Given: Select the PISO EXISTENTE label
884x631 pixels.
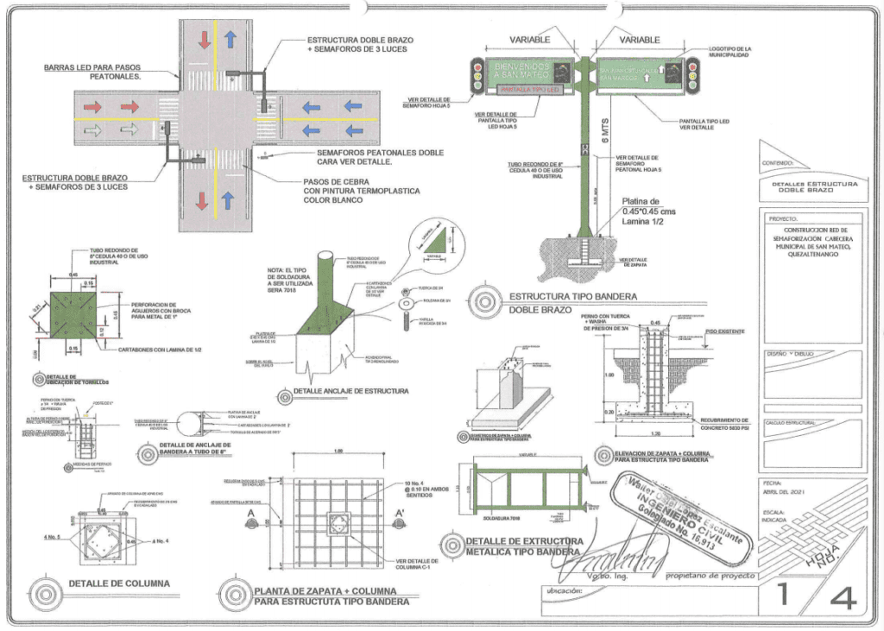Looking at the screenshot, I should coord(723,331).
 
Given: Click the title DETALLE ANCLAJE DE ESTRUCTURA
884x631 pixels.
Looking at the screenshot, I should coord(350,391).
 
